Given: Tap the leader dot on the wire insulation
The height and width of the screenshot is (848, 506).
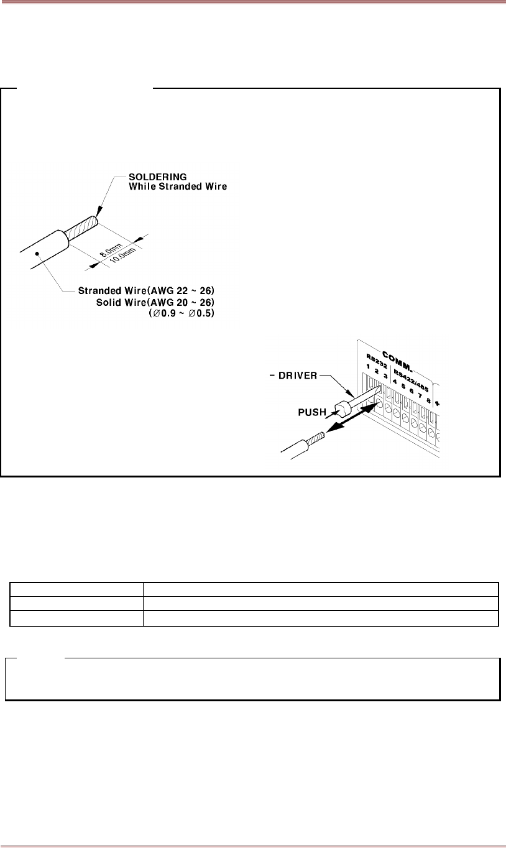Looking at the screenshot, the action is tap(39, 253).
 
